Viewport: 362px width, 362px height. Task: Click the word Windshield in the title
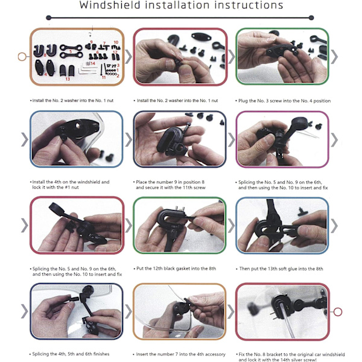point(110,5)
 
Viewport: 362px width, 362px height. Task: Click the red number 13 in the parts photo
point(68,79)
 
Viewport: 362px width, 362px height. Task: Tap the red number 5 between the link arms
point(71,51)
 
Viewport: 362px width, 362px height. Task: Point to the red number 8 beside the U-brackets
point(45,55)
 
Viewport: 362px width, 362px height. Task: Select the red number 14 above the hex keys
point(93,63)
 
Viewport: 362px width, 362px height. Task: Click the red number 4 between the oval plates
point(45,74)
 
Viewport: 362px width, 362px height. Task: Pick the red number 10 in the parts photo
point(116,42)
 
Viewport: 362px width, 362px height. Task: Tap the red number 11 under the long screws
point(104,77)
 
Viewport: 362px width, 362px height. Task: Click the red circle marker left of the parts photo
point(22,57)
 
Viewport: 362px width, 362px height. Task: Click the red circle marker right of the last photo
point(338,312)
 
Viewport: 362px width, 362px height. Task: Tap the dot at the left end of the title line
point(48,17)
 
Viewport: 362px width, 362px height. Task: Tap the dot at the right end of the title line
point(311,17)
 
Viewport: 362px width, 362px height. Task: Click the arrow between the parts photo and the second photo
point(129,57)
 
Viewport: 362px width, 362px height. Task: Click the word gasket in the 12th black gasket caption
point(182,268)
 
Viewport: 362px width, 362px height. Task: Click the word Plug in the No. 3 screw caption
point(243,101)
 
